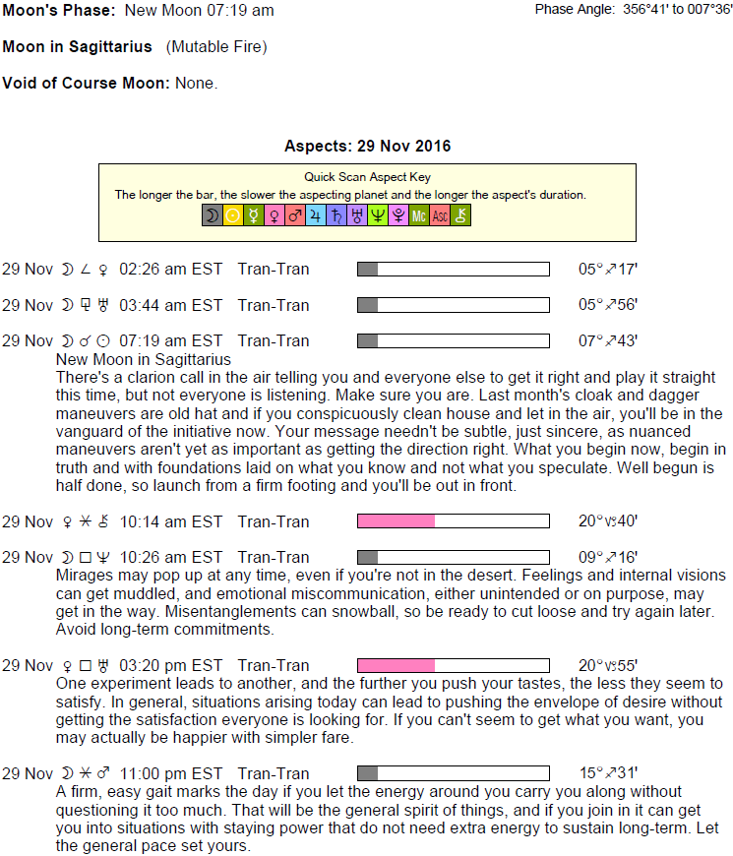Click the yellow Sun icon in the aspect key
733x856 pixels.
(233, 215)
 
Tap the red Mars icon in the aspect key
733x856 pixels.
(295, 215)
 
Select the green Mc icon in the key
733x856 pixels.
(419, 215)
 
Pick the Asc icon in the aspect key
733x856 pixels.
(440, 215)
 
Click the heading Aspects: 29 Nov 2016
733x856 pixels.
(367, 147)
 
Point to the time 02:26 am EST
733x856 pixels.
(171, 270)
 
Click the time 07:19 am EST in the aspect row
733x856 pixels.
(171, 340)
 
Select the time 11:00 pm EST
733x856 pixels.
(171, 773)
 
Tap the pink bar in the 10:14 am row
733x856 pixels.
(396, 521)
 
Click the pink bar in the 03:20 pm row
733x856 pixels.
(396, 666)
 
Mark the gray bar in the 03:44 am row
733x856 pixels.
(367, 305)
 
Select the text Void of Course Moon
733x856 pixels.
(87, 83)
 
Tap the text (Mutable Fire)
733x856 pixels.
(216, 46)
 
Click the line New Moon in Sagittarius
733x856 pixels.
(145, 359)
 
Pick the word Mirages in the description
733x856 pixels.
(85, 575)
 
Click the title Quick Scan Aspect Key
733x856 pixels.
(366, 178)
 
